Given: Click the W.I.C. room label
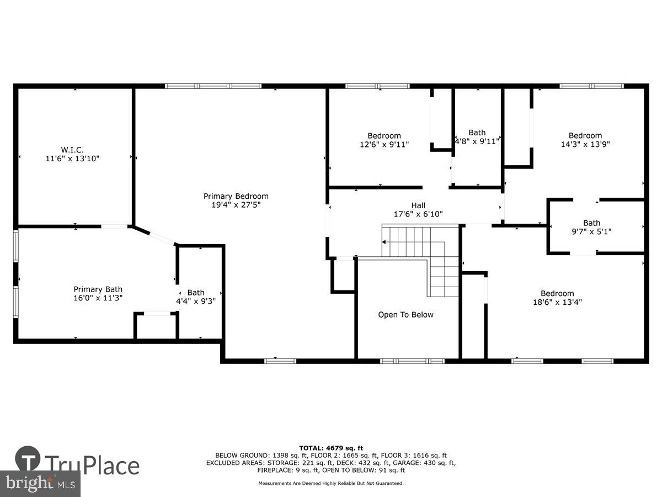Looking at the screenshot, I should coord(72,150).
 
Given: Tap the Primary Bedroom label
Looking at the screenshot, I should coord(236,196).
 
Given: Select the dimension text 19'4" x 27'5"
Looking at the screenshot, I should coord(236,205).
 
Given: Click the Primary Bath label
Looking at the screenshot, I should coord(98,289).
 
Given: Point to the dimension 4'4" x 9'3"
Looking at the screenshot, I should coord(195,302).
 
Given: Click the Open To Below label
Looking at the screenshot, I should coord(405,315).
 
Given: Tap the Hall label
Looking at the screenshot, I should coord(418,205).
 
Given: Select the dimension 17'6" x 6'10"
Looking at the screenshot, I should coord(418,214).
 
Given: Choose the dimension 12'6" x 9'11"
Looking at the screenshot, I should coord(384,145).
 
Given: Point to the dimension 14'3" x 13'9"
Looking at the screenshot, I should coord(585,144).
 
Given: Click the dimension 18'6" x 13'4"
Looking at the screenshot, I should coord(557,302).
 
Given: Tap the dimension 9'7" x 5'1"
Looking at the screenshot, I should coord(591,232).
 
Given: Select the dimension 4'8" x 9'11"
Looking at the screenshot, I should coord(477,141).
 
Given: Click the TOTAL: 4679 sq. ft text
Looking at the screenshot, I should coord(331,448).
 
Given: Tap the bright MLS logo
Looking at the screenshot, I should coord(40,483).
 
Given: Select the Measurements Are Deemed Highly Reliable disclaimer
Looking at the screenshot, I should coord(331,483).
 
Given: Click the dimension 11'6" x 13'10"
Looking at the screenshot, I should coord(72,158).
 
